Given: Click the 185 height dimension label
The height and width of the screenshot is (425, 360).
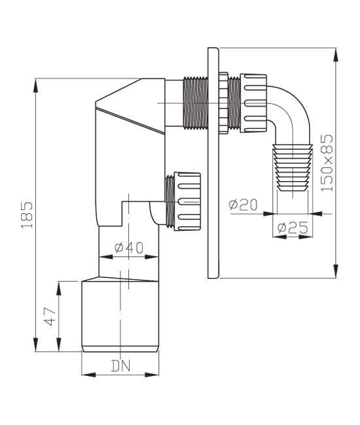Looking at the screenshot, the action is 27,215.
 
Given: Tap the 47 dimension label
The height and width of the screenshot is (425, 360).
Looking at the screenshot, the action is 50,316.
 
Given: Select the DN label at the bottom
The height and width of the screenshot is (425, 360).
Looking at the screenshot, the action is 120,365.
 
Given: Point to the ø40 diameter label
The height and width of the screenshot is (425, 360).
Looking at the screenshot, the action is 129,247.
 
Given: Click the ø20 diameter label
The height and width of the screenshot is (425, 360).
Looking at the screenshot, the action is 243,205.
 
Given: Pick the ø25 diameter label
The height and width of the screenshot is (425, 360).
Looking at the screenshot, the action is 293,227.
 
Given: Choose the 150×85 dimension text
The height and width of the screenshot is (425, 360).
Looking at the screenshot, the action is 327,163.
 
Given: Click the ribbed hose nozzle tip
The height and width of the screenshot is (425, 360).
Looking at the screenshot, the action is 293,168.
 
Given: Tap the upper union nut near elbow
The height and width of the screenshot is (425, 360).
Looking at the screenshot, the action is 253,103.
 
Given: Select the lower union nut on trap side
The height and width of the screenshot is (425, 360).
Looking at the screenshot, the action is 187,201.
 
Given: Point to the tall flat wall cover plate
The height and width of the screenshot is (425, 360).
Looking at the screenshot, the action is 213,163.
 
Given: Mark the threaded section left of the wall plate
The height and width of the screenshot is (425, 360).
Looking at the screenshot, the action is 195,103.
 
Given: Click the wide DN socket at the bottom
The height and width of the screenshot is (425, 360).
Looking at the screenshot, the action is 120,316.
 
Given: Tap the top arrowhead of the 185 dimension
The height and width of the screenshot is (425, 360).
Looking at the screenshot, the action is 35,85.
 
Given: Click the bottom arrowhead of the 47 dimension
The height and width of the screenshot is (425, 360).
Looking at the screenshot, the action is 59,345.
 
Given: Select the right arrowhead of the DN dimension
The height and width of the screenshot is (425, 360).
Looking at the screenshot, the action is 152,375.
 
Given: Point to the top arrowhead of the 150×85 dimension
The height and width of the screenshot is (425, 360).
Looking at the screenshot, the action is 336,55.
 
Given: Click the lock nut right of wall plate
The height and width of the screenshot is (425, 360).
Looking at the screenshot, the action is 224,103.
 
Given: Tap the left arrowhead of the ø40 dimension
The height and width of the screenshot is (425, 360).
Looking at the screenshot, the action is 106,257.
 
